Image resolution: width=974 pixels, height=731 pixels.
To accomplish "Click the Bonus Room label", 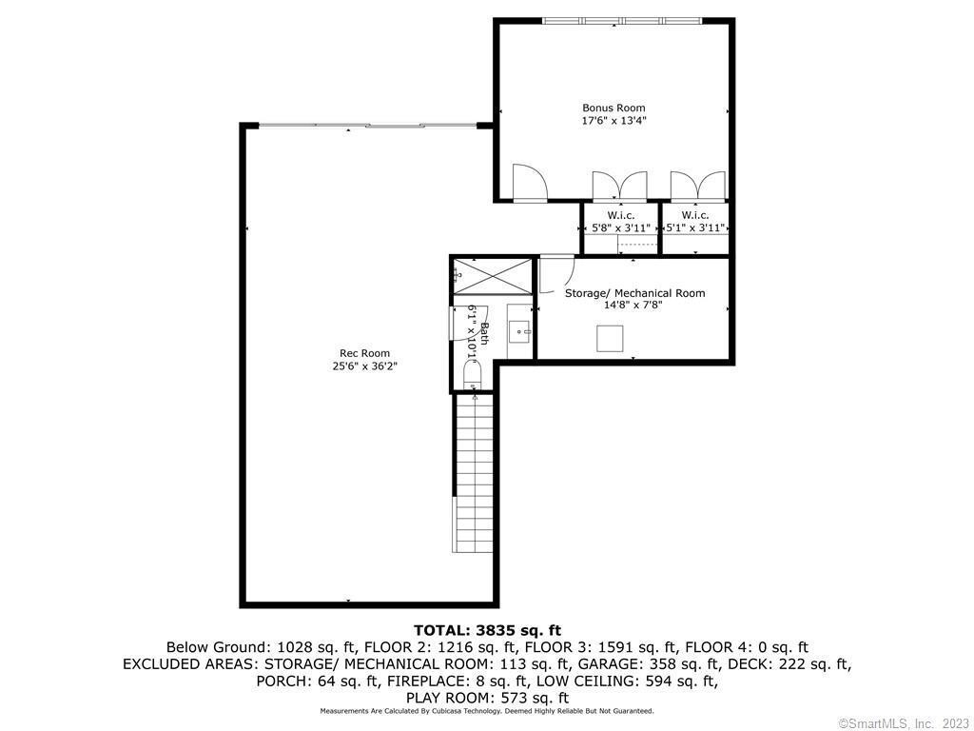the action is tap(614, 108).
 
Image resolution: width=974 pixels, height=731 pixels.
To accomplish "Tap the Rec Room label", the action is tap(364, 353).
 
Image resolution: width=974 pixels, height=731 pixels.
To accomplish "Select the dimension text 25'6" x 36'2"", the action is tap(364, 366).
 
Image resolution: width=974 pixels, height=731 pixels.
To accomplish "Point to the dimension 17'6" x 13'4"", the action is tap(614, 121).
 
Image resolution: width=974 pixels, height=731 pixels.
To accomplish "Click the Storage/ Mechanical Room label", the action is tap(634, 293).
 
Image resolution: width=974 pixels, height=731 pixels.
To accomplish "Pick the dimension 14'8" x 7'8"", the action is tap(633, 305).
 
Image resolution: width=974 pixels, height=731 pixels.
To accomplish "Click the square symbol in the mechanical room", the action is tap(610, 339).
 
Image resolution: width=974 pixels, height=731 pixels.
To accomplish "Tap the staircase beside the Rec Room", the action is tap(475, 473).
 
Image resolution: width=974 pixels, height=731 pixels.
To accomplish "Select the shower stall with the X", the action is tap(492, 277).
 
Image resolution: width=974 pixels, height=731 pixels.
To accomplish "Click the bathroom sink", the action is tap(519, 330).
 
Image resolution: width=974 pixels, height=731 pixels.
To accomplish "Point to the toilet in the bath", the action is tap(473, 376).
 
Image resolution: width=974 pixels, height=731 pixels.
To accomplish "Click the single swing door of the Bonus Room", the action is tap(529, 183).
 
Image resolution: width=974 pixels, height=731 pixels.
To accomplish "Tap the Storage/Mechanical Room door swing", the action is tap(555, 273).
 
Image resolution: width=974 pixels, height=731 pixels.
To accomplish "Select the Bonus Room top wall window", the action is tap(622, 21).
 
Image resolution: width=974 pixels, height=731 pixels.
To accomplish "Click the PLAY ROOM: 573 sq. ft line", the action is tap(487, 698).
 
